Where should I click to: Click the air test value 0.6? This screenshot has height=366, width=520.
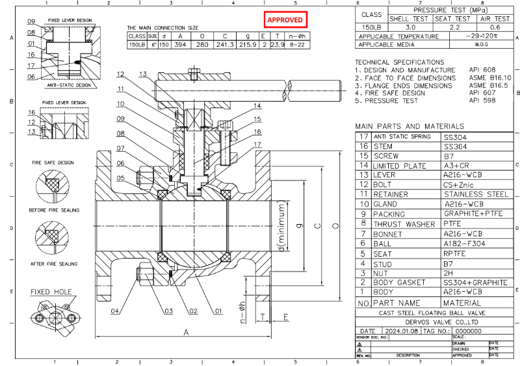(x=495, y=27)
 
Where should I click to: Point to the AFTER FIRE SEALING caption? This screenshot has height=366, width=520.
(x=55, y=264)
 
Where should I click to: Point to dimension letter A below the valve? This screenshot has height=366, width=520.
(x=186, y=331)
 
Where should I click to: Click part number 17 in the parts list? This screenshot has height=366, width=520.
(x=363, y=137)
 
